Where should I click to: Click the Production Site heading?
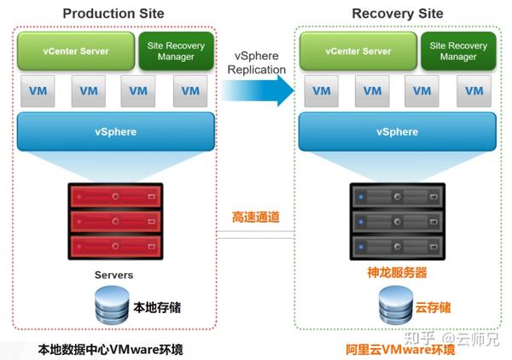113,14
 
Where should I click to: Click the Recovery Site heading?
398,14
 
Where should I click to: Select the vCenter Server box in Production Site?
76,51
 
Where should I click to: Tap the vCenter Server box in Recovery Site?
358,51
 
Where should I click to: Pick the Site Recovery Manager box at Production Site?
177,51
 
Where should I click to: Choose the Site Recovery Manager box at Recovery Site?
458,51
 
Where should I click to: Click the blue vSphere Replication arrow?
258,90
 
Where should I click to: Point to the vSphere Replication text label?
257,62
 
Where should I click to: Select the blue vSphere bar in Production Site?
116,131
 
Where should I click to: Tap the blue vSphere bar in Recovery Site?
398,131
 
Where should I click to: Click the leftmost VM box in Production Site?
38,91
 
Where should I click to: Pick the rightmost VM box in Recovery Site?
474,91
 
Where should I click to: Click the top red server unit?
115,196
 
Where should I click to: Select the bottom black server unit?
398,247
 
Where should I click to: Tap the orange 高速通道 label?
256,217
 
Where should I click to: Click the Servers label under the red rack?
114,275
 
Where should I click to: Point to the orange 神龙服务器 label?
397,272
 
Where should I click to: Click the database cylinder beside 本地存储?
112,305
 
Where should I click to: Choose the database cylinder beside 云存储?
396,305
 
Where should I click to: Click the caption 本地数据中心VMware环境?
110,350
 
